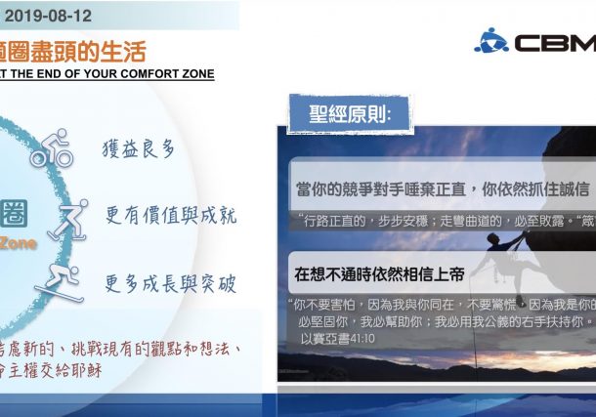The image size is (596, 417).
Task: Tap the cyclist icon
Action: pyautogui.click(x=52, y=148)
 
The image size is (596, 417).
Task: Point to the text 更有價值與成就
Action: pyautogui.click(x=170, y=215)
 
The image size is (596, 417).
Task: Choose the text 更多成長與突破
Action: pyautogui.click(x=170, y=282)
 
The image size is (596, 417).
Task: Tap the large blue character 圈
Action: pyautogui.click(x=14, y=212)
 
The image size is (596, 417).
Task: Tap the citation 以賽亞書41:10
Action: pyautogui.click(x=337, y=339)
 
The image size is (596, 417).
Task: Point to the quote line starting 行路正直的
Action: pyautogui.click(x=440, y=220)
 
